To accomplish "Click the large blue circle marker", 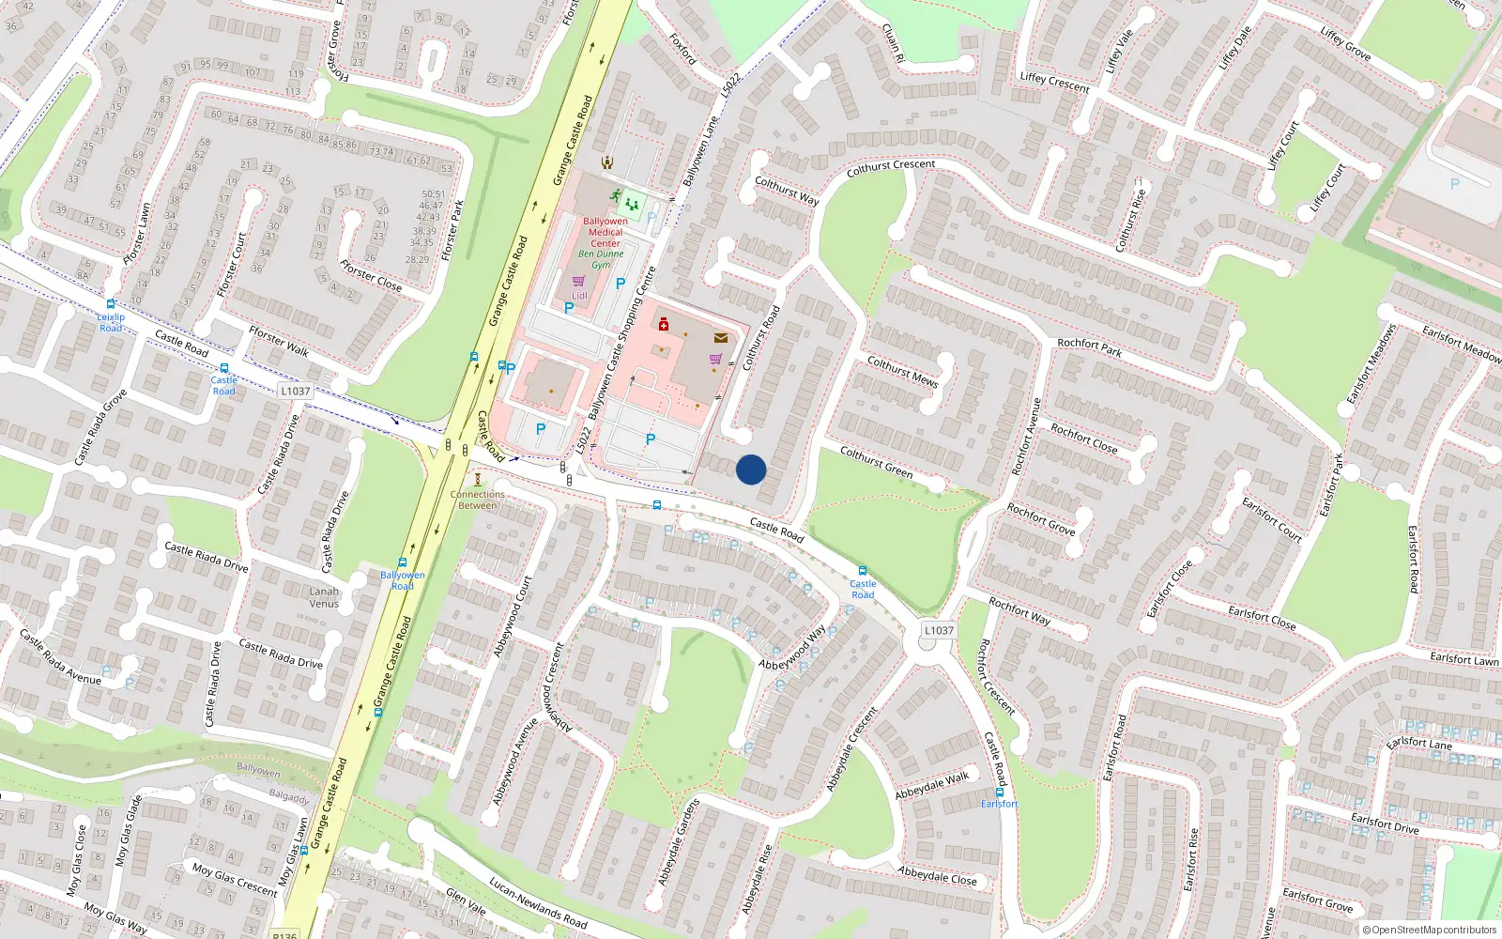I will click(751, 469).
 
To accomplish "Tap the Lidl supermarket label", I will click(579, 296).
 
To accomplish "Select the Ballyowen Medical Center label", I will click(605, 232).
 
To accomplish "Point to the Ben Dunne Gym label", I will click(601, 259).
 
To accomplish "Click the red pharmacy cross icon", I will click(664, 324).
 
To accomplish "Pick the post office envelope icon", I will click(720, 338).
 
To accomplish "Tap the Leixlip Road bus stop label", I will click(111, 322).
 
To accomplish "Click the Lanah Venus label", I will click(324, 597).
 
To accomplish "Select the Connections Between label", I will click(477, 500).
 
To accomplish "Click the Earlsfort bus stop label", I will click(999, 804).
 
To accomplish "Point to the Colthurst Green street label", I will click(876, 462).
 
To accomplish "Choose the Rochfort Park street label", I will click(1089, 347).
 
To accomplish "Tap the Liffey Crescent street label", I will click(1054, 83).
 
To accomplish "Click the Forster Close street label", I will click(371, 275).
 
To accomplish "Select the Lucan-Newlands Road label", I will click(538, 903).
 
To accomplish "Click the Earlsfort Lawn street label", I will click(1464, 659).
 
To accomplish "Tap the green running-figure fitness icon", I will click(615, 196).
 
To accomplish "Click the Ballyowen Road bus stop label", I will click(402, 580).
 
